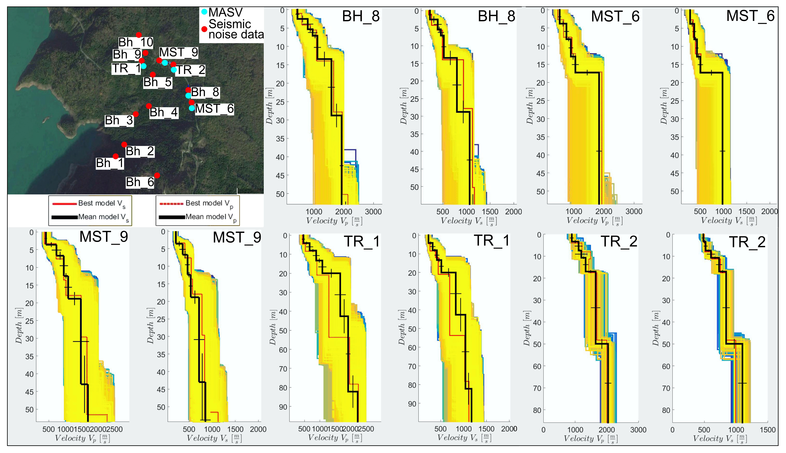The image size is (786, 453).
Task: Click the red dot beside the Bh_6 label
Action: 157,175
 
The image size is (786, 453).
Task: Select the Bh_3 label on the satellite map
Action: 119,120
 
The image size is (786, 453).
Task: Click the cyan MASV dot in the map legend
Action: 204,12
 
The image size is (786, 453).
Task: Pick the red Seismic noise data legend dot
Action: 204,29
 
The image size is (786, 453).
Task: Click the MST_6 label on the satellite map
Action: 214,109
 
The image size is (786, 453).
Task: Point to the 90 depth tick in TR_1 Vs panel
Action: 412,404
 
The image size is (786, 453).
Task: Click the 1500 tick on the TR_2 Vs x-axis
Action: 767,430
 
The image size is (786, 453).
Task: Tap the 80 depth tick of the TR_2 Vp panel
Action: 537,410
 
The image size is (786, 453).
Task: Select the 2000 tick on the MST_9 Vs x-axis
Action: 258,429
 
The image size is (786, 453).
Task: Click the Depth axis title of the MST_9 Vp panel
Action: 19,326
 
